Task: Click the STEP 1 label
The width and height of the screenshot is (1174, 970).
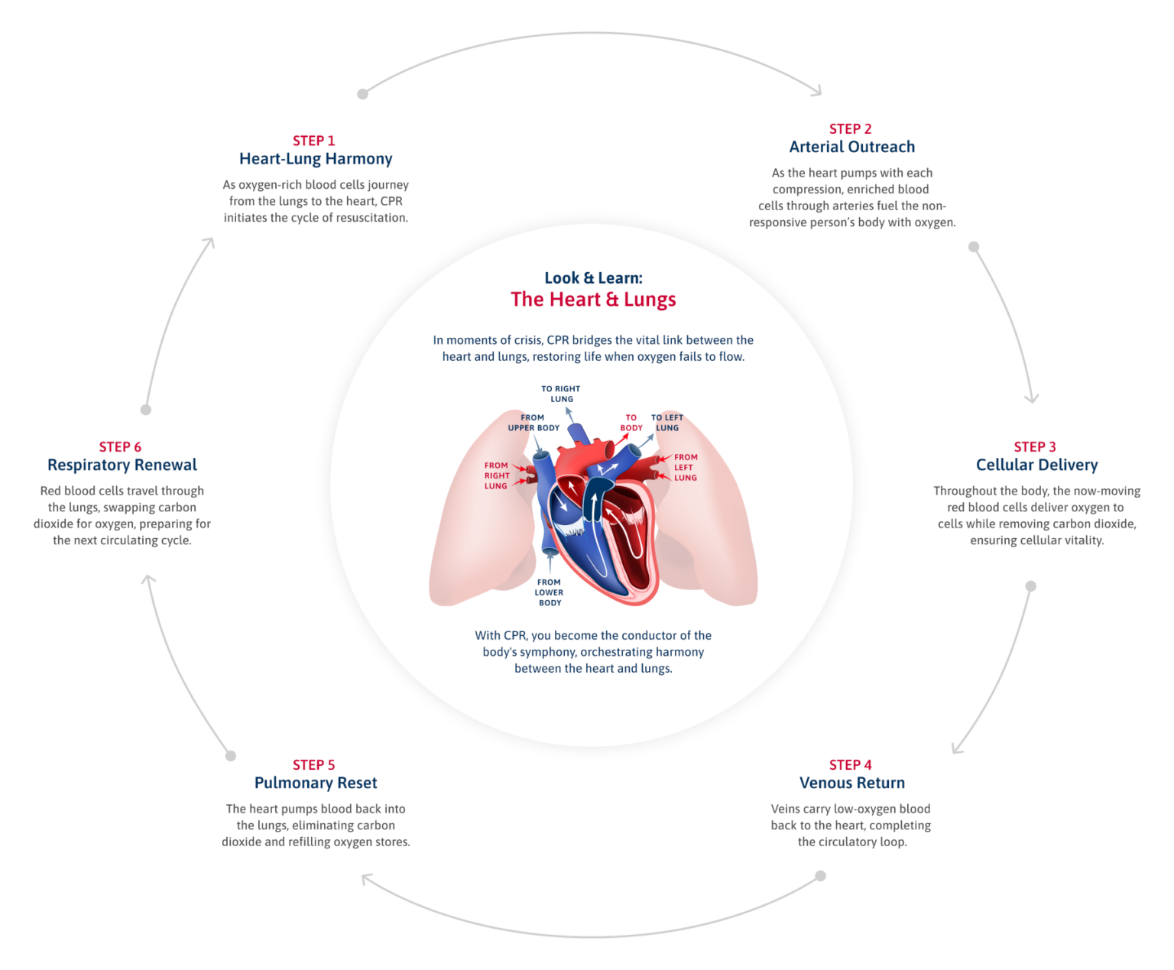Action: point(313,141)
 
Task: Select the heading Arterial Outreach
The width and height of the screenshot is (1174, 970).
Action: point(851,147)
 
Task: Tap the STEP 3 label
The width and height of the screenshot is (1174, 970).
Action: point(1035,447)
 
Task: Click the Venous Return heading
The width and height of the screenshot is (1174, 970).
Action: point(851,783)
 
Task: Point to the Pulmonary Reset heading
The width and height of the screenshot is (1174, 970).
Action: point(316,783)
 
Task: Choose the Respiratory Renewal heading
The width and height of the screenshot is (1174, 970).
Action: point(122,465)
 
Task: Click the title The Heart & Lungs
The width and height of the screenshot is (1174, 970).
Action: point(593,300)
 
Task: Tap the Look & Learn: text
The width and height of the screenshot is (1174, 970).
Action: point(593,278)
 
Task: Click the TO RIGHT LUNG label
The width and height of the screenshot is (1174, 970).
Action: point(561,394)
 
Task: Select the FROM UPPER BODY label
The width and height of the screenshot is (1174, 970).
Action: point(533,423)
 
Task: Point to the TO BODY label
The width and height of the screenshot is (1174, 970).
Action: point(631,423)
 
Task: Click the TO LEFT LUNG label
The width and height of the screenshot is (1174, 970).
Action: point(667,423)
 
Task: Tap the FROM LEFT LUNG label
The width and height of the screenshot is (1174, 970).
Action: point(685,467)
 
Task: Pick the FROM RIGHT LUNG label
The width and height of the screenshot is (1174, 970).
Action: point(496,475)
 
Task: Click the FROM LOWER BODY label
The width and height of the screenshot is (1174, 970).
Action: point(549,592)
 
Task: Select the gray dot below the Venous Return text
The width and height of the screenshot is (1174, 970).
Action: point(820,876)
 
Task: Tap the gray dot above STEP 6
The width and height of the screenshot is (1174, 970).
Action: point(146,410)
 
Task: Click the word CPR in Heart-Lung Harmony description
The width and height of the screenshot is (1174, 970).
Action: point(391,201)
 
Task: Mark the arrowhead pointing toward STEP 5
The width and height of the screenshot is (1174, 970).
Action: point(367,879)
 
